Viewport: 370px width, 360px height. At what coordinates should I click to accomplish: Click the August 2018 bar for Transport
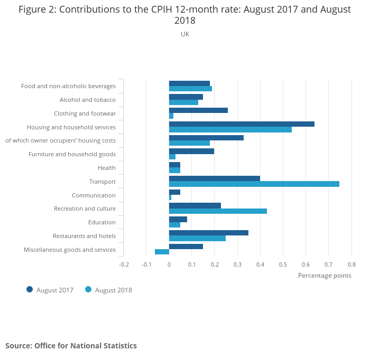254,184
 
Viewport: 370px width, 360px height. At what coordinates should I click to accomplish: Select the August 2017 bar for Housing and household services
242,124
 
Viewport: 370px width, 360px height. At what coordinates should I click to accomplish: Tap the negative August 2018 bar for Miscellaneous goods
162,252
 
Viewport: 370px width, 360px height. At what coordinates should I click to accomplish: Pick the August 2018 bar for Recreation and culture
218,211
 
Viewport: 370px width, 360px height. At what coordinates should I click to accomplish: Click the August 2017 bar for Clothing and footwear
198,110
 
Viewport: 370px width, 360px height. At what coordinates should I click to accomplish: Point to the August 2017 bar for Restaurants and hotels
208,233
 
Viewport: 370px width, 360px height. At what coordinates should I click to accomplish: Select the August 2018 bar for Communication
170,197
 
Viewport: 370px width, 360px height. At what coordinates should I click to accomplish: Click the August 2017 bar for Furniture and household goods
191,151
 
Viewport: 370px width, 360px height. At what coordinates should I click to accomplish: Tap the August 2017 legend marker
30,289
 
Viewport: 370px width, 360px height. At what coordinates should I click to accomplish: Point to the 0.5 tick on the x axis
283,264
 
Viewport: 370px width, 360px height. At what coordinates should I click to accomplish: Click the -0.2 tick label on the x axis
123,264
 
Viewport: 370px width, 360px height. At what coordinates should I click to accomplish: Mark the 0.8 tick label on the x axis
351,264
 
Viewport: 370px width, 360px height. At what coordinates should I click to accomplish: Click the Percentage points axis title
325,275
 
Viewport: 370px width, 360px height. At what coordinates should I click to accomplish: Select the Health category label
107,168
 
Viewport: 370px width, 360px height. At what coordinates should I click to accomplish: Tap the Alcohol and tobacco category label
88,100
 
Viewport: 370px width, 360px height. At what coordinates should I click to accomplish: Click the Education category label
102,222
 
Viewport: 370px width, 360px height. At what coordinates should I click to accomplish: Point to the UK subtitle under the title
185,34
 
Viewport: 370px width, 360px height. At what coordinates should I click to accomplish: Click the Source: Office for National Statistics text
71,346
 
